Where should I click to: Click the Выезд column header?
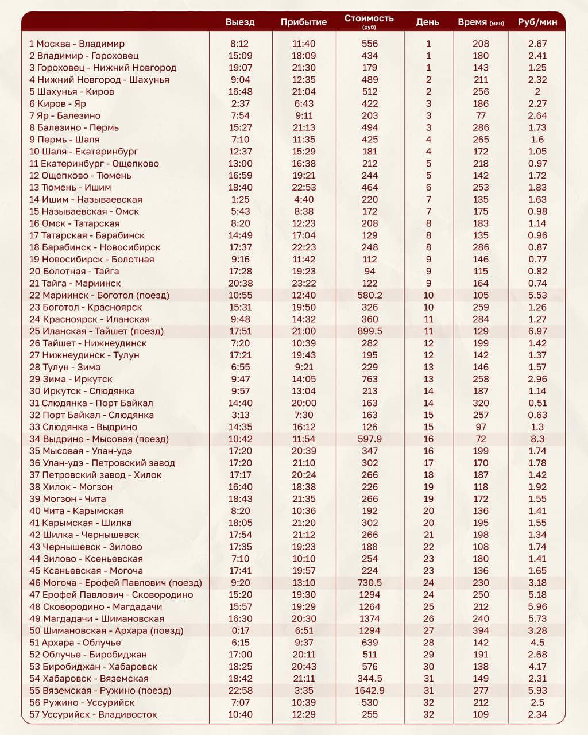[240, 22]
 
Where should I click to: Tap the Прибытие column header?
[304, 22]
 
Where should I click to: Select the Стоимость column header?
[369, 18]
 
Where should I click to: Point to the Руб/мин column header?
[537, 22]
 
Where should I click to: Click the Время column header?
[481, 22]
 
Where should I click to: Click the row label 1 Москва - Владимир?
[77, 44]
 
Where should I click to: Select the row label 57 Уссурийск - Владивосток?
[93, 714]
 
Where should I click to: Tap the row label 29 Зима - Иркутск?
[71, 379]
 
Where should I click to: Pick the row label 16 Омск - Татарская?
[75, 223]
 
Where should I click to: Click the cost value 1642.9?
[370, 690]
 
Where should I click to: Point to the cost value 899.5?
[370, 331]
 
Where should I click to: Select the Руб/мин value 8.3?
[537, 439]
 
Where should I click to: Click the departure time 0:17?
[240, 630]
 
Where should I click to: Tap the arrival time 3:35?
[304, 690]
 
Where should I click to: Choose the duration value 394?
[481, 630]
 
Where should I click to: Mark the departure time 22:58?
[240, 690]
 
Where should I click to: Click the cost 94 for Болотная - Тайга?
[370, 271]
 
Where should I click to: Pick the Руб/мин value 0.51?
[537, 403]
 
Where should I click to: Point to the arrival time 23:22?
[304, 283]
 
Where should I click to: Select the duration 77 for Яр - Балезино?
[481, 115]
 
